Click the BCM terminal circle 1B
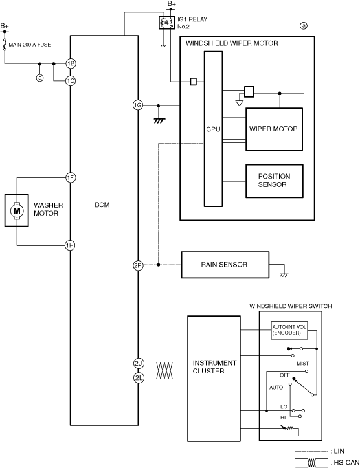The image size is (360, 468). point(71,63)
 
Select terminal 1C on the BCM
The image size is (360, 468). point(71,81)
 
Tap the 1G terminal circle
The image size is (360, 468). point(138,105)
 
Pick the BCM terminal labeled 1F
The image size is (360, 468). point(71,178)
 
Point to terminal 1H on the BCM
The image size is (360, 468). point(70,245)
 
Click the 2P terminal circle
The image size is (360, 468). point(138,265)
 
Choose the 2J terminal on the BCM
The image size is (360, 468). point(138,363)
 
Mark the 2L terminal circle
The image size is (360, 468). point(138,378)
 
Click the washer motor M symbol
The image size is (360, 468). point(17,211)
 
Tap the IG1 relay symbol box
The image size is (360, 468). point(166,23)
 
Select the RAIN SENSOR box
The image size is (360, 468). point(225,265)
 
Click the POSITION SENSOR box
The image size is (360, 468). point(275,181)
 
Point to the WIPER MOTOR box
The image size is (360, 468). point(274,129)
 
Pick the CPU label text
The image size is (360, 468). point(213,129)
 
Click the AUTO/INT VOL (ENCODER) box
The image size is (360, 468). point(289,330)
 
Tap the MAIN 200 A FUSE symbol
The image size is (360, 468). point(5,45)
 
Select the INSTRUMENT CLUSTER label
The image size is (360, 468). point(214,367)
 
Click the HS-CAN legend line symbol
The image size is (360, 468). point(311,462)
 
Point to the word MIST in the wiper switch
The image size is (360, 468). point(302,364)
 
